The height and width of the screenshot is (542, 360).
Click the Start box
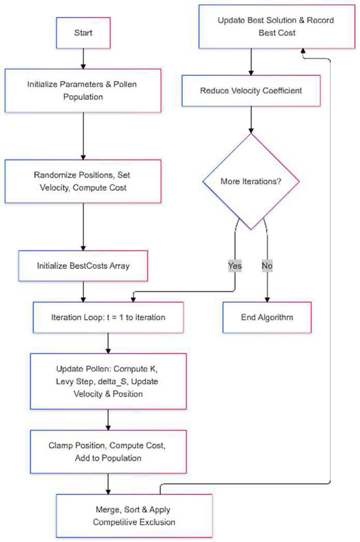[83, 33]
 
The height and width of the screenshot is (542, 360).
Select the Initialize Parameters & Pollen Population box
[83, 90]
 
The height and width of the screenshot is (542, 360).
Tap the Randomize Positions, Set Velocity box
[83, 181]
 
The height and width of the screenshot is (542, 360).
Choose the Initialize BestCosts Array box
[83, 265]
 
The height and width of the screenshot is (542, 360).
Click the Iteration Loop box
[108, 317]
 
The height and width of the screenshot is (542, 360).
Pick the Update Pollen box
[108, 381]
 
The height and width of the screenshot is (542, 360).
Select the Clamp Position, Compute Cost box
[108, 451]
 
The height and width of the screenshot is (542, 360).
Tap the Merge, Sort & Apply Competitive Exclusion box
[134, 516]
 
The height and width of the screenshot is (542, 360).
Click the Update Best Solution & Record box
[276, 26]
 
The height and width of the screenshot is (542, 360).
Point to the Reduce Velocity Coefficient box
[251, 90]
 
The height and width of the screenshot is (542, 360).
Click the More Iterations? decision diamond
[251, 181]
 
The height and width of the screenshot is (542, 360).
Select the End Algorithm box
[267, 317]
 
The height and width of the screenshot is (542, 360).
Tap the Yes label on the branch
[235, 265]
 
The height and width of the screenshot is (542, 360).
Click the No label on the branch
[267, 265]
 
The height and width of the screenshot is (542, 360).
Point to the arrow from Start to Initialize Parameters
[83, 58]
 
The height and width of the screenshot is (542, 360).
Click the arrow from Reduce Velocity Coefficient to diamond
[251, 119]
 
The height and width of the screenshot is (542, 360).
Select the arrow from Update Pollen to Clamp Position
[108, 420]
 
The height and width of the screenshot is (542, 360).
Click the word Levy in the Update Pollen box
[64, 381]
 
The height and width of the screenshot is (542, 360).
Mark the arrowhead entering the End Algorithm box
[267, 300]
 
